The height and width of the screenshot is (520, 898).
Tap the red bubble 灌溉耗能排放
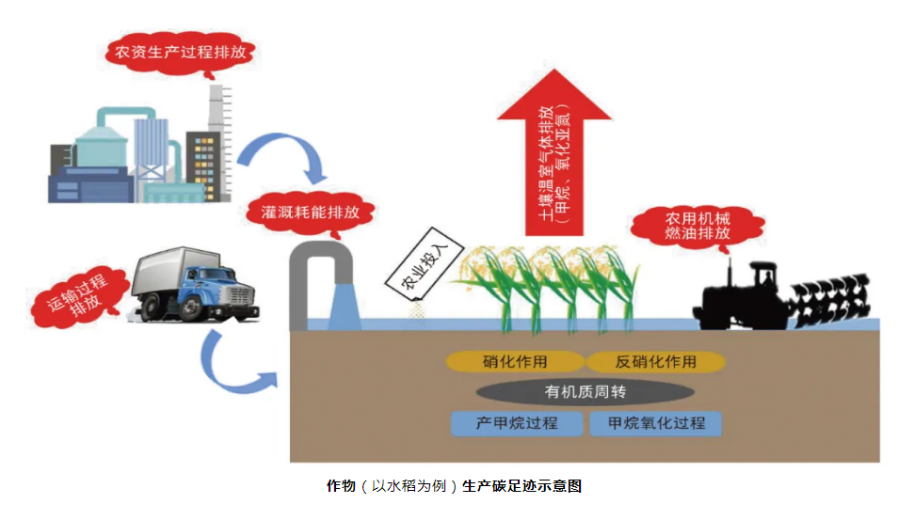(x=310, y=213)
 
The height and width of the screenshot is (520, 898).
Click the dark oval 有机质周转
(x=585, y=391)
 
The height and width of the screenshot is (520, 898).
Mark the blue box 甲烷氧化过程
(x=656, y=423)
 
